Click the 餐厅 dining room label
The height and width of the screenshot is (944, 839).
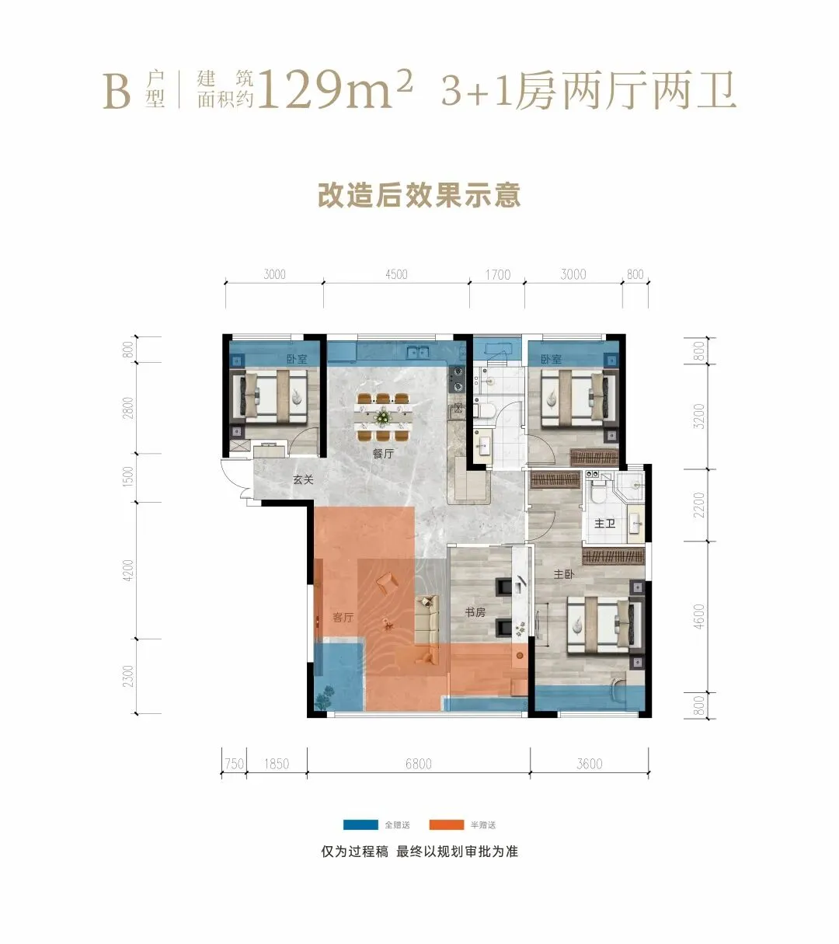pyautogui.click(x=383, y=454)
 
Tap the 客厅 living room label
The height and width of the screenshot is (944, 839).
pyautogui.click(x=343, y=618)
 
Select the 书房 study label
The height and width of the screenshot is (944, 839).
pyautogui.click(x=475, y=612)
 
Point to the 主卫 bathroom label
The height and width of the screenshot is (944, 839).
pyautogui.click(x=604, y=523)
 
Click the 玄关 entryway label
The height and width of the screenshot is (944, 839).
pyautogui.click(x=303, y=479)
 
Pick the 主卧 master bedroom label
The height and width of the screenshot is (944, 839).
pyautogui.click(x=564, y=574)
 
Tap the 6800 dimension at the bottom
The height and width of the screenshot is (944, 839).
pyautogui.click(x=419, y=764)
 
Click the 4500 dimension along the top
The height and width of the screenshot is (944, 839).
pyautogui.click(x=396, y=274)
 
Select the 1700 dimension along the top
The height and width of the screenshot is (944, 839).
pyautogui.click(x=498, y=275)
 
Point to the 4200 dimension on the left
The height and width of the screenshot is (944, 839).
pyautogui.click(x=129, y=570)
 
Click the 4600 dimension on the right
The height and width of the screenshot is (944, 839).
pyautogui.click(x=699, y=616)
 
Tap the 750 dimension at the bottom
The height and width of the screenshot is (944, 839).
pyautogui.click(x=235, y=764)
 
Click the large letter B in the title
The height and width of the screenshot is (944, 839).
pyautogui.click(x=117, y=92)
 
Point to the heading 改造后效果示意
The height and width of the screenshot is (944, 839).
pyautogui.click(x=419, y=195)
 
